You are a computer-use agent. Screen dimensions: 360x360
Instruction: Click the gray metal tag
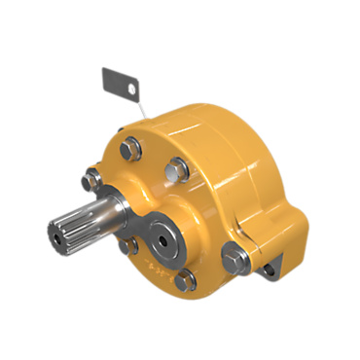pyautogui.click(x=117, y=81)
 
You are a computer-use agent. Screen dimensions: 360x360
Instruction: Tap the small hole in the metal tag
pyautogui.click(x=126, y=88)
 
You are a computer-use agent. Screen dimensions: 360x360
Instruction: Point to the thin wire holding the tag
pyautogui.click(x=139, y=108)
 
